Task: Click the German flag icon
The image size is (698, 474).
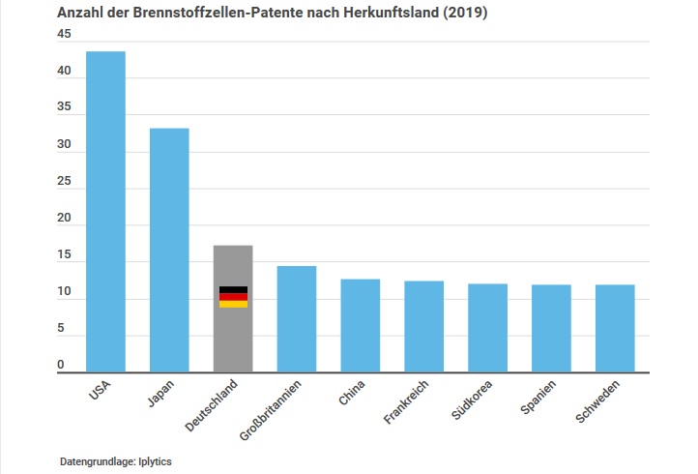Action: pos(233,297)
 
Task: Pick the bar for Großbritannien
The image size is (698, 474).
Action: pos(297,318)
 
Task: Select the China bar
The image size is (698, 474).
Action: pos(360,325)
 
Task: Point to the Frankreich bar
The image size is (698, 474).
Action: pos(423,326)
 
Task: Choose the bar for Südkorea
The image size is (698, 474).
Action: pos(487,328)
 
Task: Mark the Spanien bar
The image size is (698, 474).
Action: pos(551,328)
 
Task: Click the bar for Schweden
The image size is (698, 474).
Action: pos(615,328)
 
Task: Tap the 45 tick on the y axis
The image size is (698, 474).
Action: pos(64,35)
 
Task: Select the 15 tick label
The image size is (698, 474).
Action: pos(64,255)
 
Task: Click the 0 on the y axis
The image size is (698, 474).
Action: pos(60,365)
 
